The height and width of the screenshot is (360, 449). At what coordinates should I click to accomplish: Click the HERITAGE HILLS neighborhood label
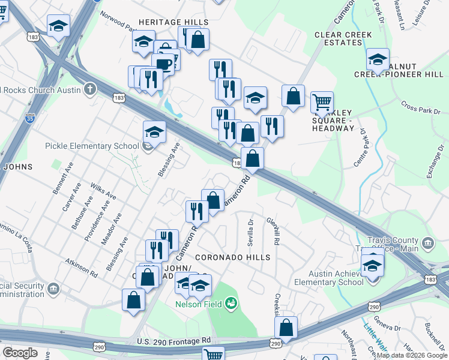pos(173,22)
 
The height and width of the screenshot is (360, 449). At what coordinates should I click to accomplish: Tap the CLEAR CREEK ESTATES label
pos(339,38)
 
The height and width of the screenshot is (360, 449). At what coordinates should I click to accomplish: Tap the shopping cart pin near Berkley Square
pos(322,103)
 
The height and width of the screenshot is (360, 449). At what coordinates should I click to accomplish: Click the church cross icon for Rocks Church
pos(90,90)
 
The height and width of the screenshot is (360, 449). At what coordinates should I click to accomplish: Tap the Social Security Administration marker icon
pos(53,290)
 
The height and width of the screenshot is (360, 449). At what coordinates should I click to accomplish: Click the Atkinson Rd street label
pos(82,268)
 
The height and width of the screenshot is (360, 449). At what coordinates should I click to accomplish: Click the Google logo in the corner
pos(20,353)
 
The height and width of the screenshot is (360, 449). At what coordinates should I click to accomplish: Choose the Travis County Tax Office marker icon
pos(427,243)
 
